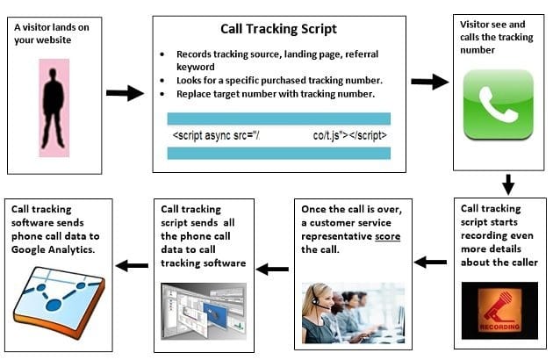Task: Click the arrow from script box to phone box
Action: click(428, 82)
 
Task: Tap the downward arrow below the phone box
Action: click(507, 184)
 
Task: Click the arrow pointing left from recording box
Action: click(430, 261)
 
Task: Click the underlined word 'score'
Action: click(386, 238)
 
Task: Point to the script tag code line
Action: click(279, 136)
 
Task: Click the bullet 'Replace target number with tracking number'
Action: click(277, 93)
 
